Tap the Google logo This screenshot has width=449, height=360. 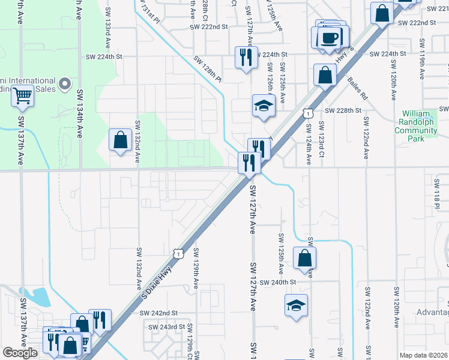[20, 353]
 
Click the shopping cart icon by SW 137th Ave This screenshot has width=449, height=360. [22, 95]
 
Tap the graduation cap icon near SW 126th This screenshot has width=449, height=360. [262, 105]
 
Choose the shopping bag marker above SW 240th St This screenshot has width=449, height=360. [305, 258]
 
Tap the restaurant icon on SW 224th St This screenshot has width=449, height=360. [245, 58]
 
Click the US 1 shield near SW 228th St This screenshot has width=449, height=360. [307, 113]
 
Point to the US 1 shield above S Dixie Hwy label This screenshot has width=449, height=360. [178, 254]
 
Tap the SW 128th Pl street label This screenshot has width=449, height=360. [208, 70]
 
